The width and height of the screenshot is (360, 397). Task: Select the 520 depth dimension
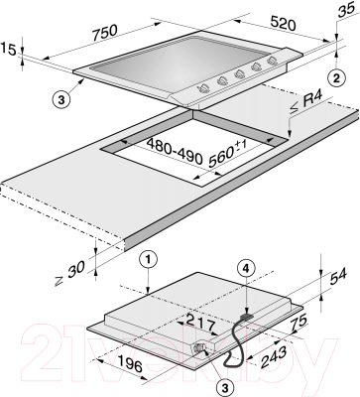tap(283, 23)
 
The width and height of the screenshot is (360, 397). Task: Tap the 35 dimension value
tap(346, 12)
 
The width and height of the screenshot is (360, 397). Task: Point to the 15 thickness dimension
tap(8, 50)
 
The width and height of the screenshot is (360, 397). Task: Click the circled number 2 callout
tap(336, 78)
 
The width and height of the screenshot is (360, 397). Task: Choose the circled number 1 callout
tap(148, 260)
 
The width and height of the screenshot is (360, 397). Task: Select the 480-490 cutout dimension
tap(174, 152)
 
